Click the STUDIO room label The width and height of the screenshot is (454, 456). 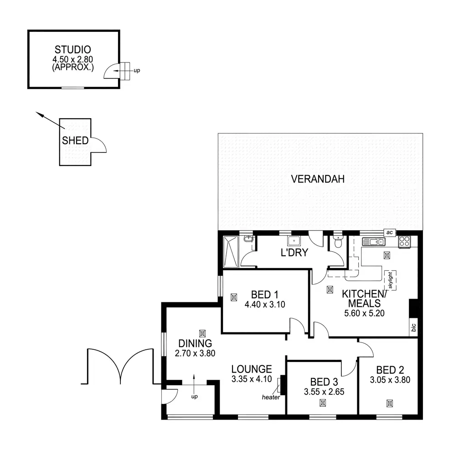(73, 49)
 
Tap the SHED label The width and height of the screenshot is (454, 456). (75, 140)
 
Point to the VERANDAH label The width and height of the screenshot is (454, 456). (317, 179)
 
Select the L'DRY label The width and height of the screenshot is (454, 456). (294, 253)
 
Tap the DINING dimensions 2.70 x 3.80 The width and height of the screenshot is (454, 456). (195, 352)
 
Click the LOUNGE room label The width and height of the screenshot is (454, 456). (251, 369)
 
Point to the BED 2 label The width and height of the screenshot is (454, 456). (390, 370)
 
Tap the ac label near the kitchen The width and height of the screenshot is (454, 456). (389, 233)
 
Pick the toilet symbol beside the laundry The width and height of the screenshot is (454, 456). (337, 243)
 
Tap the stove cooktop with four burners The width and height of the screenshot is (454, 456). (405, 242)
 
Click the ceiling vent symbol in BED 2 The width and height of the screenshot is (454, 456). (390, 403)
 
